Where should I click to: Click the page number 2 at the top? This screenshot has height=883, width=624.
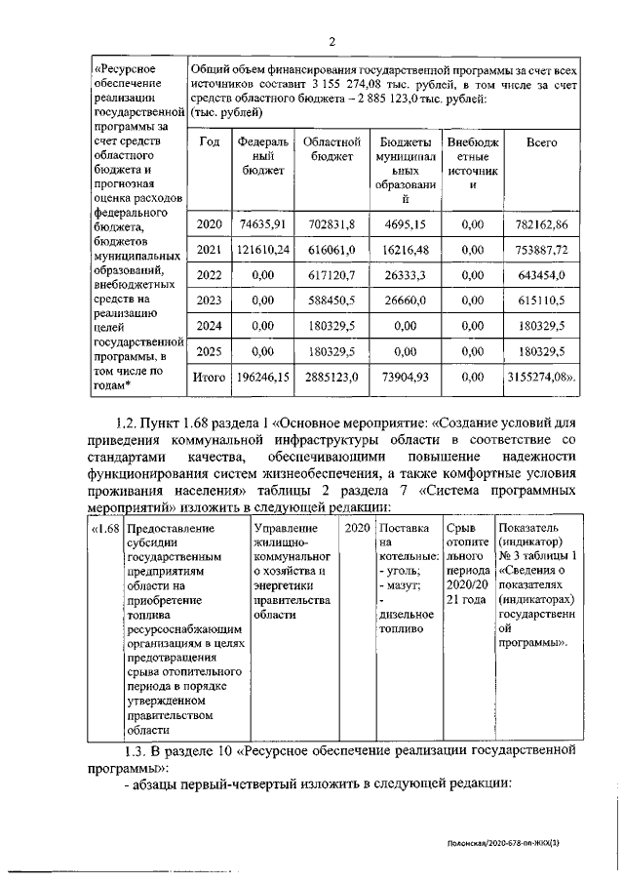pos(332,42)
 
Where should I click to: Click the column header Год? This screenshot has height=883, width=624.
pos(209,142)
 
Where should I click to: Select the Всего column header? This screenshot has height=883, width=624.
pos(541,142)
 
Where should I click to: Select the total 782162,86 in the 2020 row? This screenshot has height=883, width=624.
pos(541,224)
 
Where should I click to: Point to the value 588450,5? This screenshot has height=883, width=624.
pos(324,301)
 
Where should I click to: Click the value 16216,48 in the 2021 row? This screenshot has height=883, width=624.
pos(403,250)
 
